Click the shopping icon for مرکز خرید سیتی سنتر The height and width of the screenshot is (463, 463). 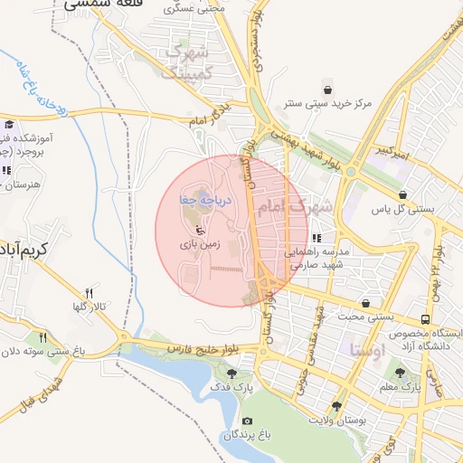[x=326, y=90]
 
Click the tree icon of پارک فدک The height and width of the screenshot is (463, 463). [x=232, y=373]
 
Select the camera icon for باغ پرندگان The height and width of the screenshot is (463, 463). [x=247, y=421]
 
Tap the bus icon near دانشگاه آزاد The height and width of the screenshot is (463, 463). [x=425, y=320]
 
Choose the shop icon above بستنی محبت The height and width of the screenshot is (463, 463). [x=365, y=303]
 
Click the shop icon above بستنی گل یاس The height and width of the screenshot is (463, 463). [x=402, y=194]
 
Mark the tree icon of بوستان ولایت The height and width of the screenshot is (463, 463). [x=337, y=406]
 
